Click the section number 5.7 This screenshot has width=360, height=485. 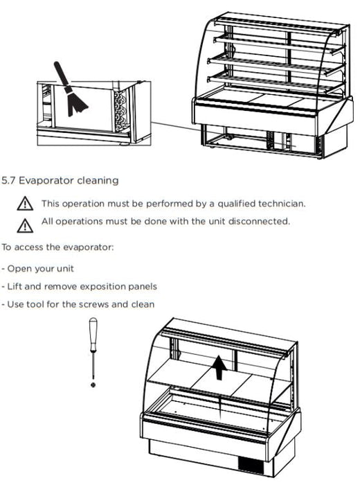(8, 180)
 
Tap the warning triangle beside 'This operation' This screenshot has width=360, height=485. (25, 204)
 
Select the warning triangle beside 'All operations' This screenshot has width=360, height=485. (25, 225)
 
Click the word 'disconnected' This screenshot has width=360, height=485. (259, 221)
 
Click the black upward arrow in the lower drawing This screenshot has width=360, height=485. (219, 367)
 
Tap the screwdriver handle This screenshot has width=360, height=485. (93, 335)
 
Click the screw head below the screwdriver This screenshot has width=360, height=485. (93, 385)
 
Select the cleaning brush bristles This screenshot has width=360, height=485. (75, 101)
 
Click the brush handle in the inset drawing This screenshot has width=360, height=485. (61, 73)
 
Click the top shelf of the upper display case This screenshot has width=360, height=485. (278, 26)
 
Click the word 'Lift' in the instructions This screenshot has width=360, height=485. (15, 286)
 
